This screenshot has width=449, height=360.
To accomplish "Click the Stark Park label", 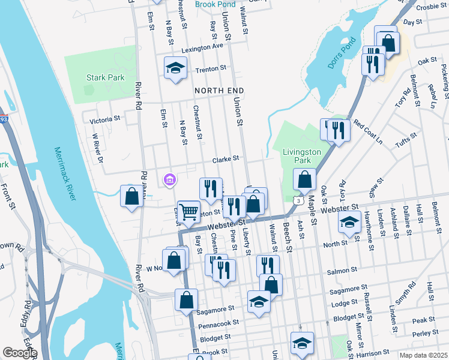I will [105, 77].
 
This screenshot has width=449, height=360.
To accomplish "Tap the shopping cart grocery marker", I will [188, 212].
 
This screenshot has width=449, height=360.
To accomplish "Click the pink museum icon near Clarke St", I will [169, 179].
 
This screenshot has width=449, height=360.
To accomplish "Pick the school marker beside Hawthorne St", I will [349, 222].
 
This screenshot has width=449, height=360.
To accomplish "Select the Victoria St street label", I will [105, 120].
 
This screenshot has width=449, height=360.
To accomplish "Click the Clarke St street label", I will [227, 159].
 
